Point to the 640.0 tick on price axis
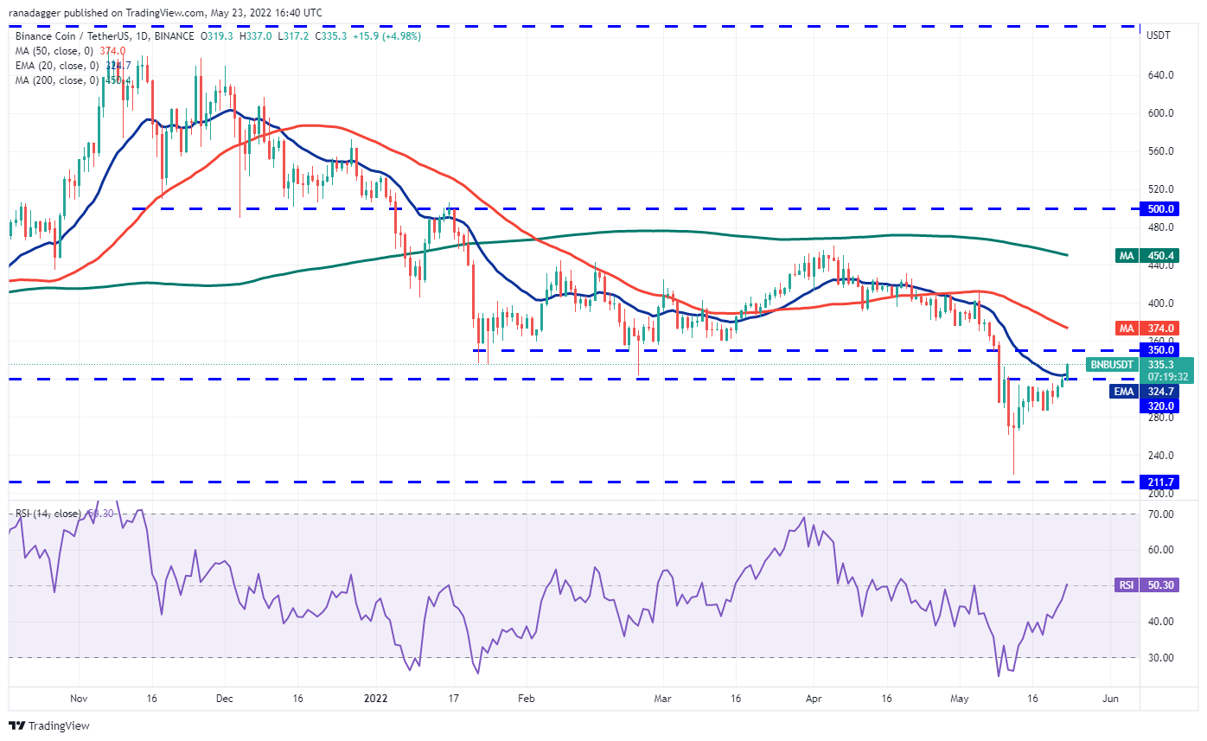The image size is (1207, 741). pos(1160,74)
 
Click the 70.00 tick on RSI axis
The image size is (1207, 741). pos(1160,514)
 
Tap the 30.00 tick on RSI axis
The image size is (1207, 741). pos(1160,657)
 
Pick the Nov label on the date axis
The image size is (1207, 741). pos(79,696)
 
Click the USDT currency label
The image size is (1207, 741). pos(1159,35)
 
